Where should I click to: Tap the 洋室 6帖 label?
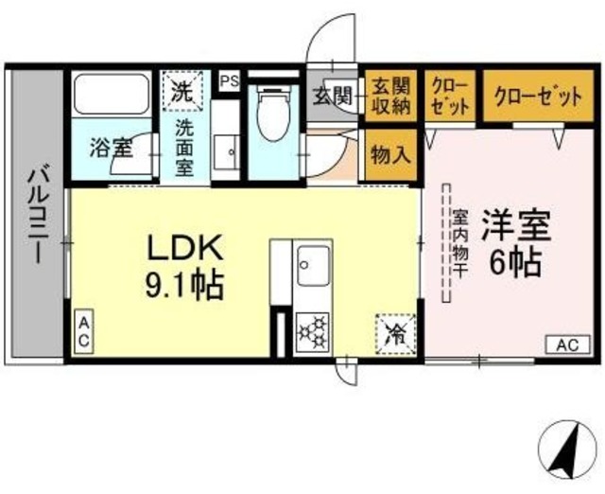[514, 244]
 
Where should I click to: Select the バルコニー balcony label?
[39, 217]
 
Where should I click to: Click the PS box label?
[228, 81]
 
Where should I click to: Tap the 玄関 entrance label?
[333, 96]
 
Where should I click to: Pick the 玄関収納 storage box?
[389, 95]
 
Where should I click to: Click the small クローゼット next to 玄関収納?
[449, 95]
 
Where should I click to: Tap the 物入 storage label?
[389, 153]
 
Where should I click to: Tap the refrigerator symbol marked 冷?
[395, 332]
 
